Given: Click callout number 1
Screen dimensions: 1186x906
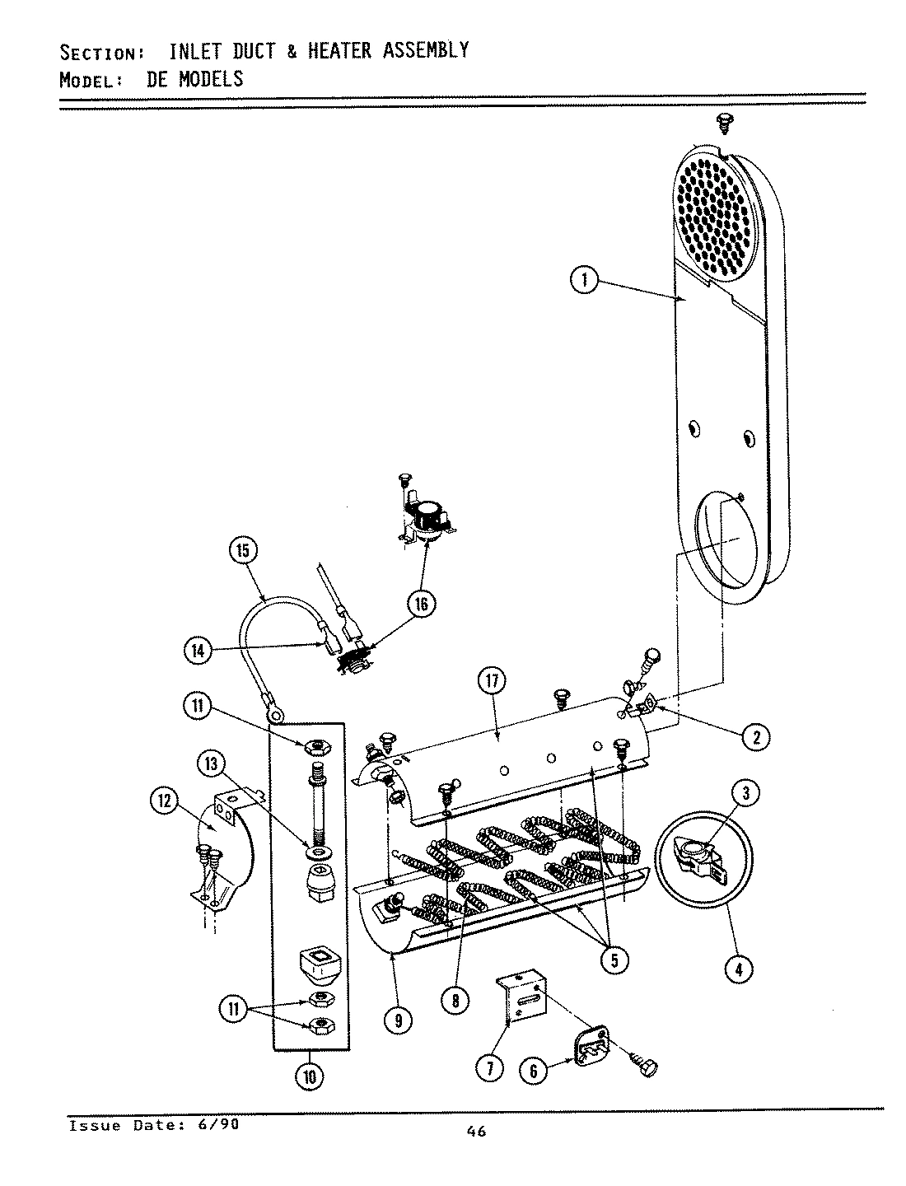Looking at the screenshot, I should pyautogui.click(x=584, y=280).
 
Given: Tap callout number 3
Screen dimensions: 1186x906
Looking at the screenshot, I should pyautogui.click(x=745, y=793).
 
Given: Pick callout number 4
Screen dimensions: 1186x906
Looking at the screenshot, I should pyautogui.click(x=738, y=969).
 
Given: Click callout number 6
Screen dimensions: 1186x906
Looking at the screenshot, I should pyautogui.click(x=534, y=1070).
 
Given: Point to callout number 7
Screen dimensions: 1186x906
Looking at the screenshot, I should pyautogui.click(x=489, y=1068).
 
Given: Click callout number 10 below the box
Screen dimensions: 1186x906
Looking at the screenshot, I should pyautogui.click(x=311, y=1076).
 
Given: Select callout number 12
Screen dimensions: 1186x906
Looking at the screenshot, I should pyautogui.click(x=165, y=800).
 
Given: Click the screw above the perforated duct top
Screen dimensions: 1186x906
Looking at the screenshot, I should pyautogui.click(x=726, y=123).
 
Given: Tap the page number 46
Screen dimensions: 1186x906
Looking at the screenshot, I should pyautogui.click(x=475, y=1131).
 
